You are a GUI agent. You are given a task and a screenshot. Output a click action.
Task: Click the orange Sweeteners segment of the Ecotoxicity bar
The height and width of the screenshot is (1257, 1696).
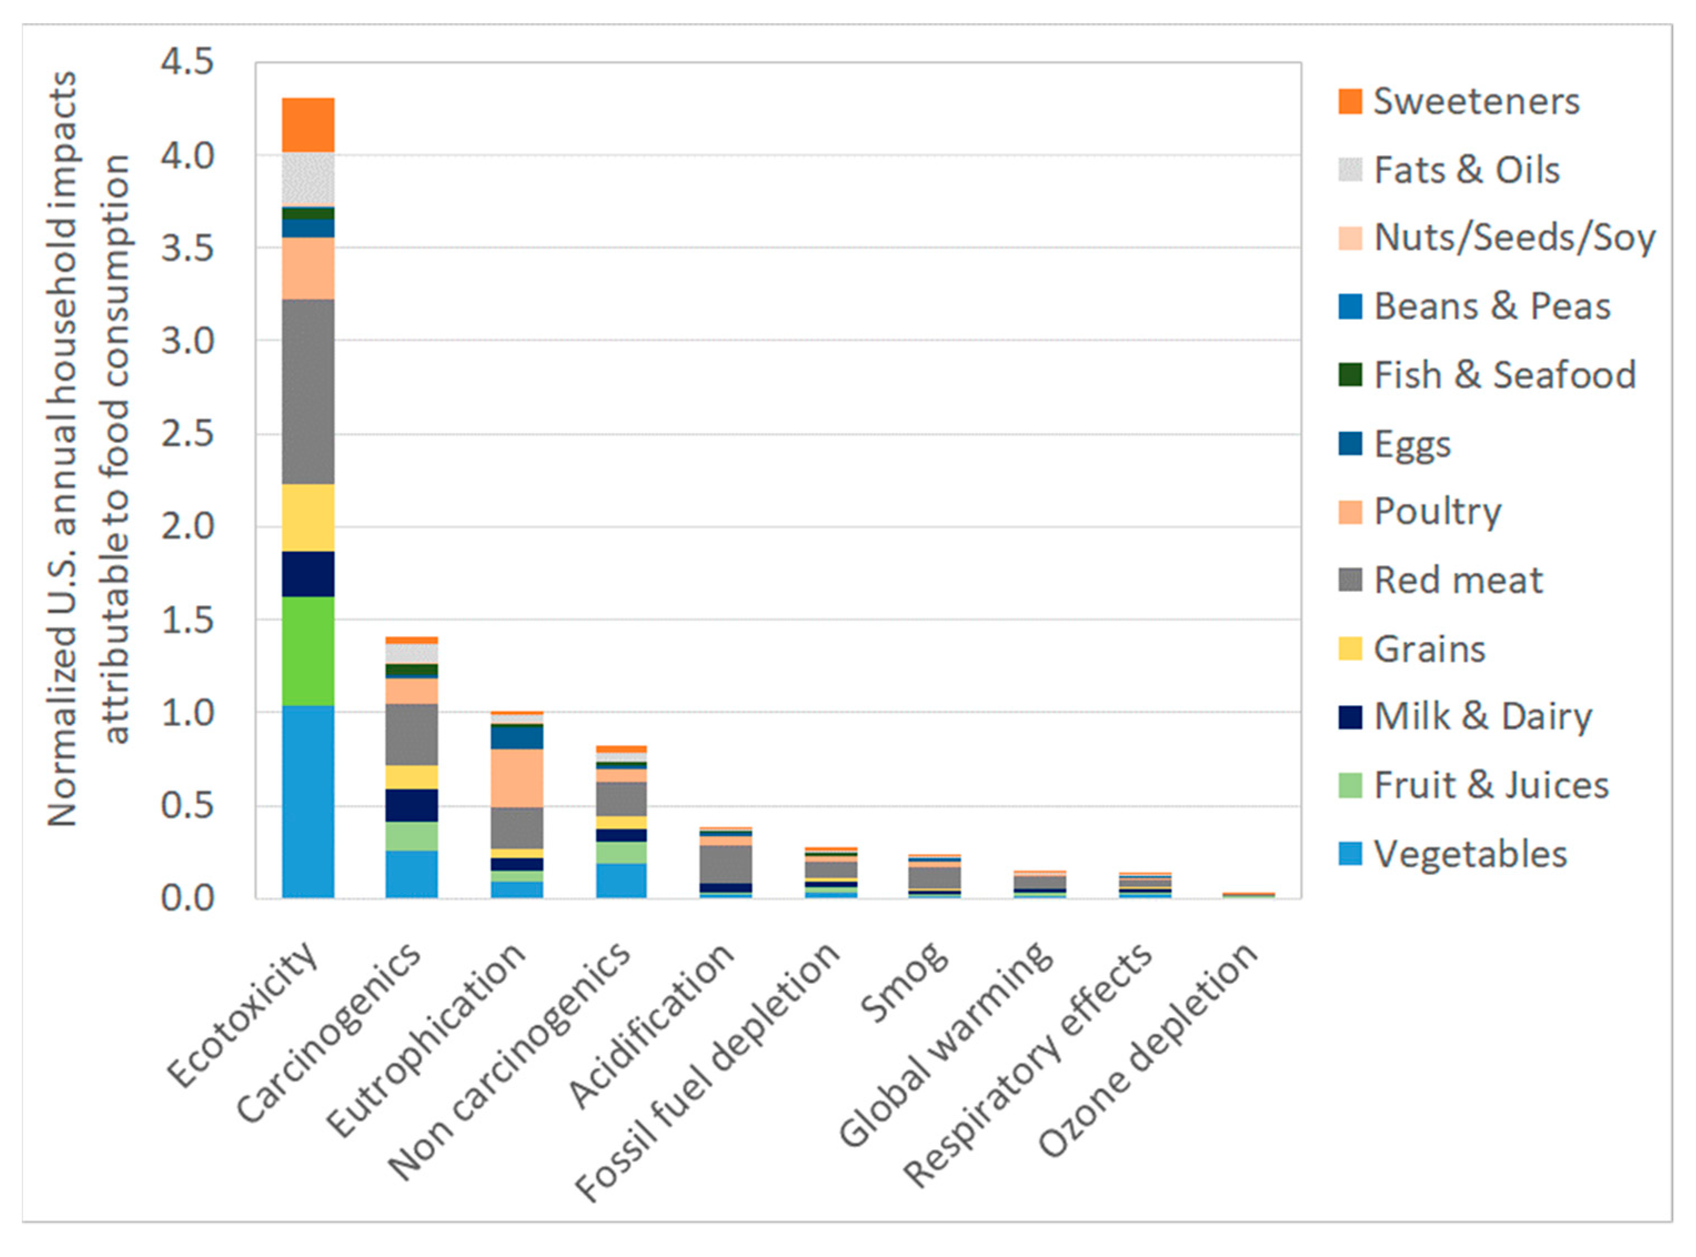pos(308,125)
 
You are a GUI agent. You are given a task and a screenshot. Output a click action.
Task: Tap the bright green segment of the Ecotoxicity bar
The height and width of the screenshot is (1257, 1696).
pos(308,651)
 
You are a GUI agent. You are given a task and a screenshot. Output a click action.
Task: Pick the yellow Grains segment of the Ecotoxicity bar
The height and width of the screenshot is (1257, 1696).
pos(308,517)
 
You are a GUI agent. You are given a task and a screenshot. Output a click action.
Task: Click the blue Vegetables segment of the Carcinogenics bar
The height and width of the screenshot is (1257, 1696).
pos(411,874)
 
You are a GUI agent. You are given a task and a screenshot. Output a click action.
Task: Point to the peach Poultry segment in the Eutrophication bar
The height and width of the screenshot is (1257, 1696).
pos(517,778)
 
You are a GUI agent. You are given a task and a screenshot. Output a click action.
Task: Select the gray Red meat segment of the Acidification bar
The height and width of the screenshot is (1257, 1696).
pos(727,863)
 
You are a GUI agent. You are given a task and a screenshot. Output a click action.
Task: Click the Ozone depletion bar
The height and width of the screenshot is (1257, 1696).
pos(1248,896)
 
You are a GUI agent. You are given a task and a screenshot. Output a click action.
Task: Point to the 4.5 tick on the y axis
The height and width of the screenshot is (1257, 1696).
pos(187,62)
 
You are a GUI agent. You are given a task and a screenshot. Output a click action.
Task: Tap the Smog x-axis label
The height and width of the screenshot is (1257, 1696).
pos(905,983)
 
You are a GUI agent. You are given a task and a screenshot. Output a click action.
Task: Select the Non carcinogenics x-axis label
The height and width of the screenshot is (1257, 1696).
pos(510,1062)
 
